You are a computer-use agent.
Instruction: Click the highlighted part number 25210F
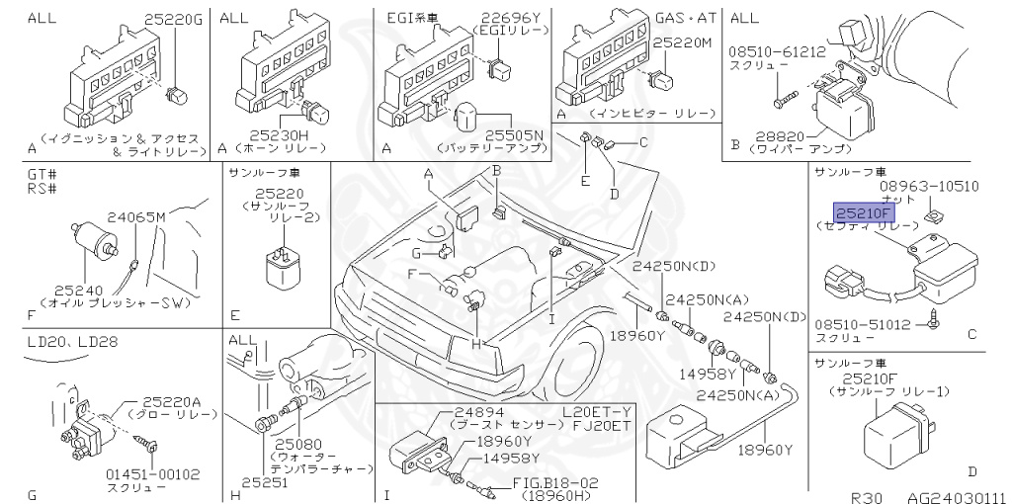(x=863, y=211)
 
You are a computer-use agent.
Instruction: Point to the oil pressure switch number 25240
(x=77, y=290)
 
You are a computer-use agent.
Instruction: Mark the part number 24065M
(x=135, y=216)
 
